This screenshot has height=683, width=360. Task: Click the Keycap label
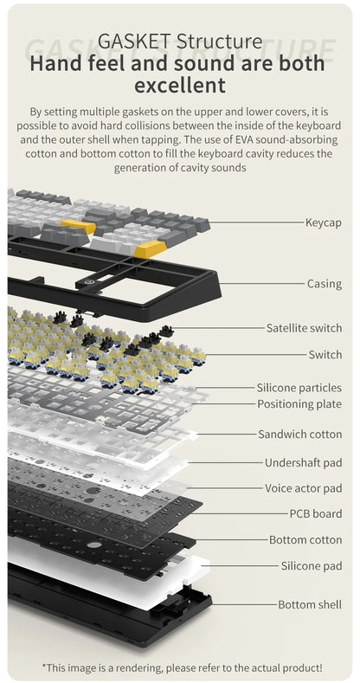pos(324,222)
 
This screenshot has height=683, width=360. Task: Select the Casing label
pos(325,284)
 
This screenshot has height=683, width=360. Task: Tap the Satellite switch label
pos(305,328)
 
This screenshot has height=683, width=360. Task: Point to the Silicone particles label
pos(299,387)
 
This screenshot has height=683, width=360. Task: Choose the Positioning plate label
pos(299,403)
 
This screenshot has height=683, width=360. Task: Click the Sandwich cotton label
pos(300,435)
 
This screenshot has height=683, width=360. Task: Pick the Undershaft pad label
pos(304,462)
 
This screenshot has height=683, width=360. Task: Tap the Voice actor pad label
pos(304,488)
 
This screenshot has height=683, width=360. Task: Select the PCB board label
pos(316,513)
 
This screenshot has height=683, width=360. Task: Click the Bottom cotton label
pos(305,540)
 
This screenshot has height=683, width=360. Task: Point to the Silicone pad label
pos(312,566)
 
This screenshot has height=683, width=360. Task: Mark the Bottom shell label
pos(310,604)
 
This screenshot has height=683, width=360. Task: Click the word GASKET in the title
pos(135,42)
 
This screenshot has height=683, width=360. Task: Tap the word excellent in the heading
pos(180,85)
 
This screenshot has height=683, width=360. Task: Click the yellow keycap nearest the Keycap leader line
pos(151,248)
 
